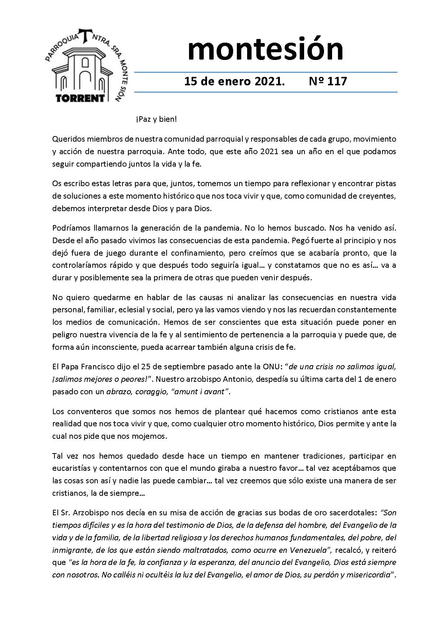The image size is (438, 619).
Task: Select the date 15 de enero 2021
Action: pyautogui.click(x=234, y=81)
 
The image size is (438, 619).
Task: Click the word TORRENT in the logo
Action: pyautogui.click(x=80, y=98)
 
